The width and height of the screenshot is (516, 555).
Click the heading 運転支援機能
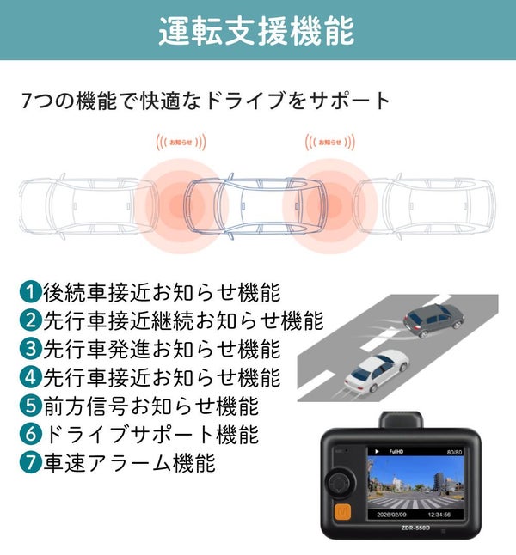256,30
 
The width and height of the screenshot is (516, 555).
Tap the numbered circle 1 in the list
30,292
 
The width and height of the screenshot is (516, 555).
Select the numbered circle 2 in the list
30,320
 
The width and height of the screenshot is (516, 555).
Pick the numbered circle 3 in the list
30,349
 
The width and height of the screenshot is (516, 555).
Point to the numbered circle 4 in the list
30,377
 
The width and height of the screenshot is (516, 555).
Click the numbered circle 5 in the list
30,406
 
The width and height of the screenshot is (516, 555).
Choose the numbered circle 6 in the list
30,434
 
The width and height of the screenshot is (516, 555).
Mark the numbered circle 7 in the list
30,462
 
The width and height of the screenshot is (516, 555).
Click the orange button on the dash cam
342,512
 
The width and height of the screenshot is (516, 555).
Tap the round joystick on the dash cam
341,483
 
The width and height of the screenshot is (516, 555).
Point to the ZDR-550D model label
415,528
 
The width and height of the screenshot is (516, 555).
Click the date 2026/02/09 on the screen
391,515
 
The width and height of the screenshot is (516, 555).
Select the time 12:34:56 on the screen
439,515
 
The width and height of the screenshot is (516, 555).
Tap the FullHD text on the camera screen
396,452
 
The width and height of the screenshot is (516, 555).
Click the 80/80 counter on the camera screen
454,452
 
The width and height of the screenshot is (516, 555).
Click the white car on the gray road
377,371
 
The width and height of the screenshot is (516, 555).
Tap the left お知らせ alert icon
181,143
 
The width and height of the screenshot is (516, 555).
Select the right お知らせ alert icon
330,143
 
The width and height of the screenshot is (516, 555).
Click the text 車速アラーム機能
129,462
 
